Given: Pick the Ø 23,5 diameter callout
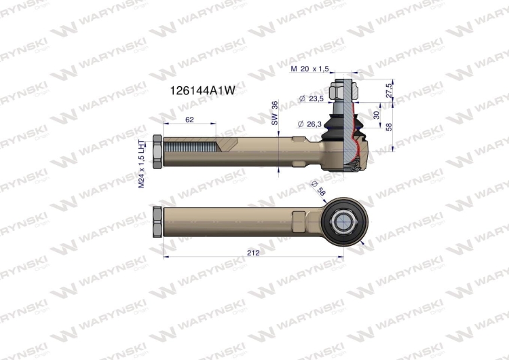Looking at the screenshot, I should coord(309,98).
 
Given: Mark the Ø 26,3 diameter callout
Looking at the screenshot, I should coord(309,124).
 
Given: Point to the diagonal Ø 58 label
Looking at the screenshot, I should coord(316,189).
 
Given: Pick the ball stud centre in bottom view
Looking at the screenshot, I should coord(345,220).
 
